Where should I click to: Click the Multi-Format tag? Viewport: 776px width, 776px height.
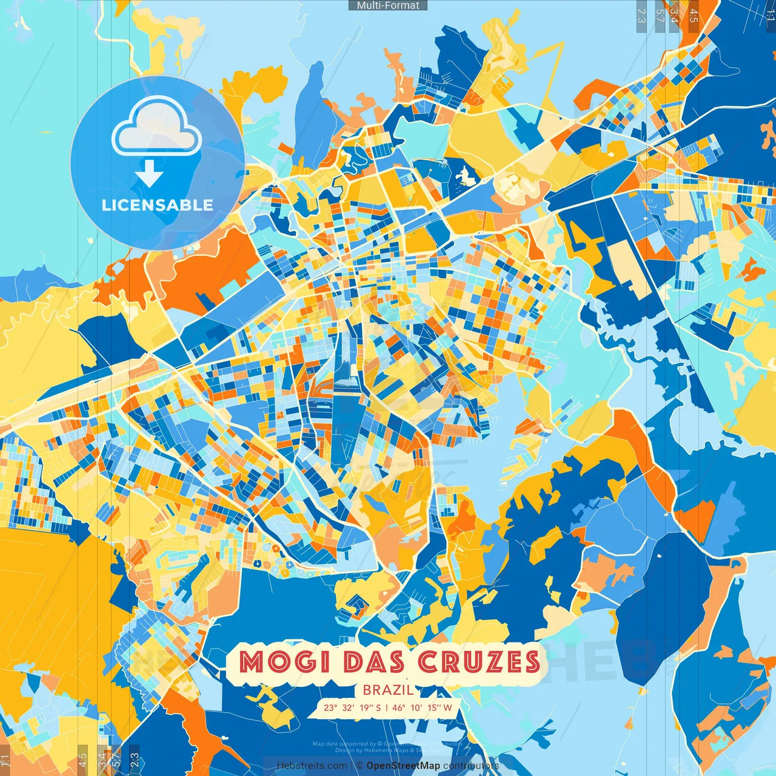point(388,5)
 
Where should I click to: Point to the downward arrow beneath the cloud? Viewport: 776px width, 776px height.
point(149,174)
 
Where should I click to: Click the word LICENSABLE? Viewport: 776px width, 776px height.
point(158,205)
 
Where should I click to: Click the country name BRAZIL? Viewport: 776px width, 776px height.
point(388,690)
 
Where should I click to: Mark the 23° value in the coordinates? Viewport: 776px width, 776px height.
point(330,707)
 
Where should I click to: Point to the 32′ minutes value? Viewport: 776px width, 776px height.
point(348,707)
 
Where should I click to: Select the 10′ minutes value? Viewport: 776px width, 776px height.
point(416,707)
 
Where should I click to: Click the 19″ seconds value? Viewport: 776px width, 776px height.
point(366,707)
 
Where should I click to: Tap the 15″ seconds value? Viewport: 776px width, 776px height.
point(434,707)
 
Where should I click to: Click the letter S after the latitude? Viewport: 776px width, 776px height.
point(378,707)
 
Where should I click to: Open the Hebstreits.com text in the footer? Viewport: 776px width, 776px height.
point(312,766)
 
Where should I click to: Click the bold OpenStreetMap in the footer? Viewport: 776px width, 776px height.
point(403,766)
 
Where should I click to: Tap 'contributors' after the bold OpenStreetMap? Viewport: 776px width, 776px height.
point(471,766)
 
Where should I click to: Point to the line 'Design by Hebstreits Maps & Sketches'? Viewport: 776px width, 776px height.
point(388,751)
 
